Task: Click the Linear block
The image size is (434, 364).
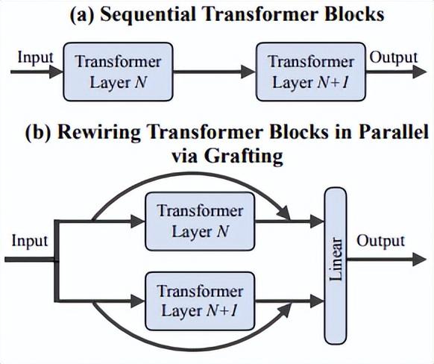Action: click(x=336, y=266)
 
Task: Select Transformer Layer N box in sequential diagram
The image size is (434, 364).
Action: click(x=118, y=72)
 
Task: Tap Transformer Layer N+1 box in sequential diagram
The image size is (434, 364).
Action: click(x=311, y=72)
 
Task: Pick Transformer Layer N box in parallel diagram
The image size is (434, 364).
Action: click(x=200, y=222)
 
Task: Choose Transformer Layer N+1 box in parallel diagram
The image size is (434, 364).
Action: click(x=200, y=301)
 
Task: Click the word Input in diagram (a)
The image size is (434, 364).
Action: click(x=35, y=58)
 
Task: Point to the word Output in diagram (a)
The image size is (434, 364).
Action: click(x=393, y=58)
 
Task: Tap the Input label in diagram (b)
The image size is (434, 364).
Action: click(x=30, y=242)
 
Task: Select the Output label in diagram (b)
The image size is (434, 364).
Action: click(x=380, y=242)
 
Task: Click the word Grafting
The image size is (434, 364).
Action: click(x=244, y=157)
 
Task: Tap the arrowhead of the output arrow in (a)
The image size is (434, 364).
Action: click(x=419, y=72)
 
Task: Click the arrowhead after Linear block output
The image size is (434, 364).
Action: click(x=419, y=260)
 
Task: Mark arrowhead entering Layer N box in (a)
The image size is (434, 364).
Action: click(x=56, y=72)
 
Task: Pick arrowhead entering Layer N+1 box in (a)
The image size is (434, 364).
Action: click(x=248, y=72)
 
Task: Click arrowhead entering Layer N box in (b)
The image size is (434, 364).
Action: click(x=138, y=222)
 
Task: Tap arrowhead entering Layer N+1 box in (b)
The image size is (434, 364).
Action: click(x=138, y=301)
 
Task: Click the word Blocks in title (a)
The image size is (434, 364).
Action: click(x=354, y=14)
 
